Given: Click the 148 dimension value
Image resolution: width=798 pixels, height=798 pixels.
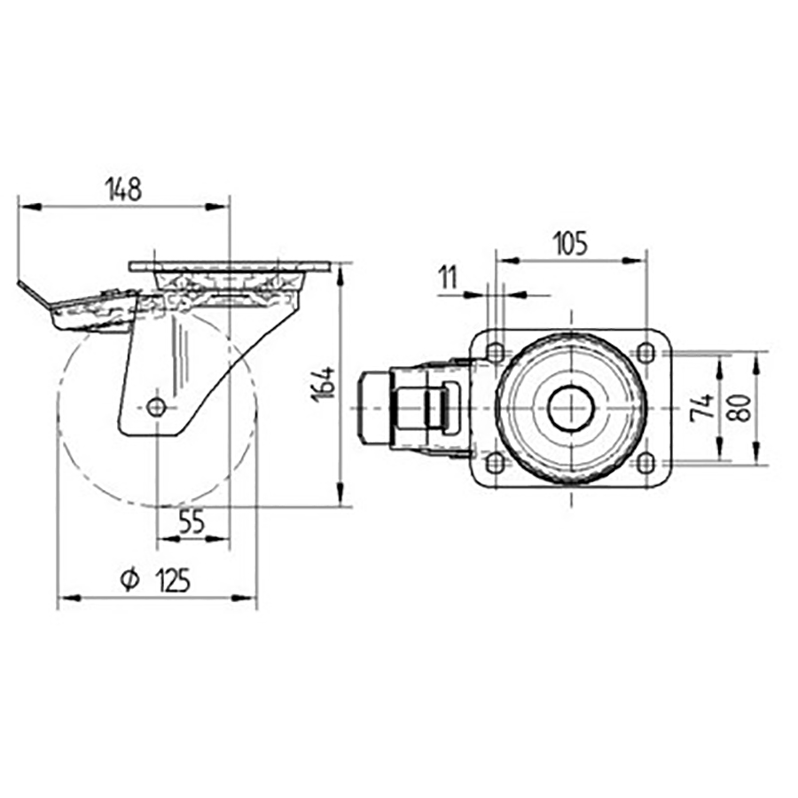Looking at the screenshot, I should (x=123, y=188).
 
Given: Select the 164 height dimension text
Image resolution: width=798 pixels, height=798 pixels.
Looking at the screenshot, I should (x=325, y=383).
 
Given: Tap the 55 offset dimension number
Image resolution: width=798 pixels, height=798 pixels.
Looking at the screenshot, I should (x=192, y=523).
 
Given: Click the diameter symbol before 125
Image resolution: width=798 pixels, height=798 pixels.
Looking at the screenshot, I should (x=129, y=581).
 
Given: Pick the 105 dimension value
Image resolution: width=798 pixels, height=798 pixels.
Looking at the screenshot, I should (x=569, y=243).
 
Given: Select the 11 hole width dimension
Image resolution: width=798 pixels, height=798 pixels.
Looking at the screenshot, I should (x=447, y=278).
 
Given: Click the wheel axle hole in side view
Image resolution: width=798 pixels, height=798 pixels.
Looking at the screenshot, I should (x=156, y=407).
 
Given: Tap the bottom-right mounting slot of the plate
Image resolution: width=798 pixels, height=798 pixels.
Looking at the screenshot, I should (x=646, y=462).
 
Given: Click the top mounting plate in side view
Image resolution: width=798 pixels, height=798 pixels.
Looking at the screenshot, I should (x=229, y=266).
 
